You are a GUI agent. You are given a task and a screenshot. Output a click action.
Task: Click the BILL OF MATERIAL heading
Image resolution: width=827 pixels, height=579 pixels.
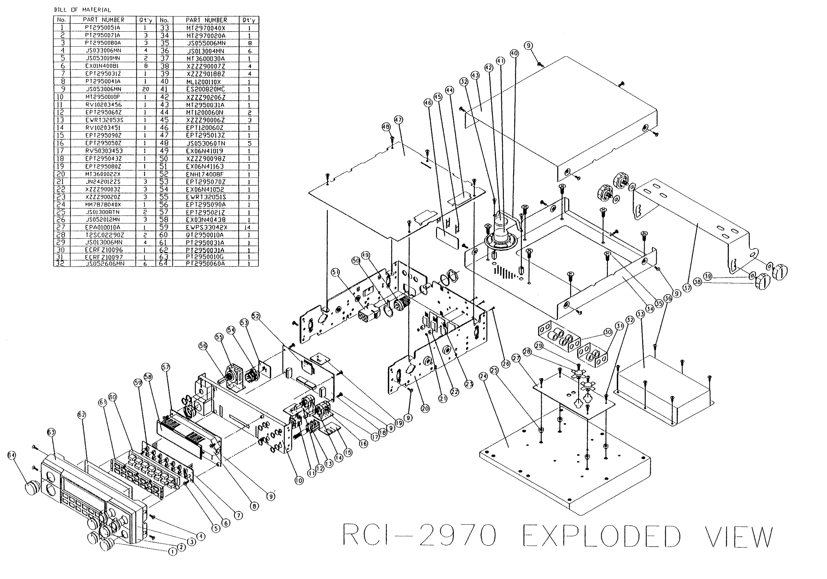coord(82,10)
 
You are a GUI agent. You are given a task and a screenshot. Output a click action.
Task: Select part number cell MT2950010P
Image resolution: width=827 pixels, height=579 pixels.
coord(103,97)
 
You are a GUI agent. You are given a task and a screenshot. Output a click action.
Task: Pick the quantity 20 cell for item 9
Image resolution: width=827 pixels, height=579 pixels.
coord(146,89)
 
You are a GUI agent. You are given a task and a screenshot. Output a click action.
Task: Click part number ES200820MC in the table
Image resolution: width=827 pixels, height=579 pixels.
coord(205,89)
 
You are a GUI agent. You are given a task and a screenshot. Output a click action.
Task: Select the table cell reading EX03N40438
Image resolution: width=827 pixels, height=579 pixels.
coord(205,219)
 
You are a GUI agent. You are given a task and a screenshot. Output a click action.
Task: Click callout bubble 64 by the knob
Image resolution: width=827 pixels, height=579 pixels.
coord(12,455)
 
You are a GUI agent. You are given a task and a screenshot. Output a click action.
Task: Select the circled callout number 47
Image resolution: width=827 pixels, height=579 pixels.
coord(398,120)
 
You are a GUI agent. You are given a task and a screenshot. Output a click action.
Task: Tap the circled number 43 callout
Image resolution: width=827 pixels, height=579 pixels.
coord(475,76)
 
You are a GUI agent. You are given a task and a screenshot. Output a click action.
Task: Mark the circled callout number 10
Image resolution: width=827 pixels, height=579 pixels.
coord(299,480)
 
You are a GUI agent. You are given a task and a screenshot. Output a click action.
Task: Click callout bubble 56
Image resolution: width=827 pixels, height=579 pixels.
coord(203,346)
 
